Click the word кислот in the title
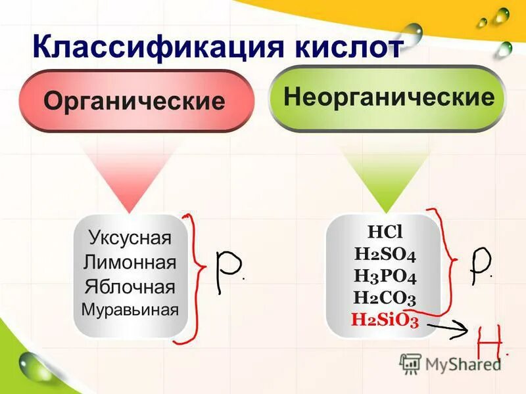(348, 48)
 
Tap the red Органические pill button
(134, 101)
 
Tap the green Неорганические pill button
(388, 98)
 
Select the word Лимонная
(130, 263)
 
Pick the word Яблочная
(130, 287)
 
